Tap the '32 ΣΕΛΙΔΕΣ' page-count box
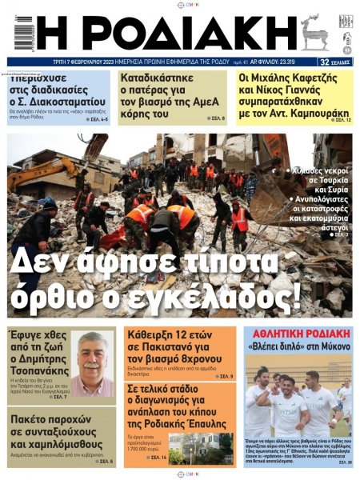coord(335,62)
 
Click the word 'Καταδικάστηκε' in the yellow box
coord(156,78)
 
